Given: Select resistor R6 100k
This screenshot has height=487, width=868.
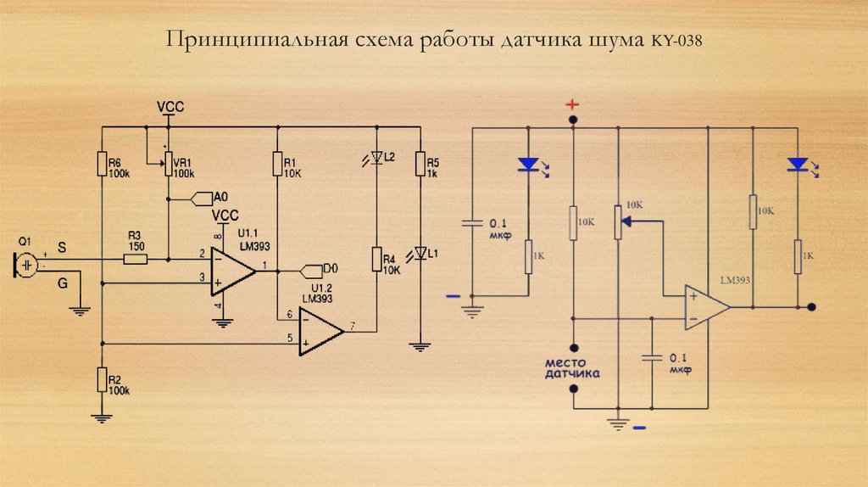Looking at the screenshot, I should click(102, 163).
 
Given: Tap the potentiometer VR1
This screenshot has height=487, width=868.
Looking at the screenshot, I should click(168, 164).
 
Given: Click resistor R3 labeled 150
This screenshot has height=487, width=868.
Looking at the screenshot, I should click(136, 258).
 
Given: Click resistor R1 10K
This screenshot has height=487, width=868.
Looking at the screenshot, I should click(276, 163).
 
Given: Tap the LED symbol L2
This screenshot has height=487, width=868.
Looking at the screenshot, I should click(377, 158).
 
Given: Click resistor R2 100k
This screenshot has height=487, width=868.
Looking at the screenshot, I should click(102, 380).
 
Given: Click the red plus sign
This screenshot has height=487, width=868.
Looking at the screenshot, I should click(573, 104).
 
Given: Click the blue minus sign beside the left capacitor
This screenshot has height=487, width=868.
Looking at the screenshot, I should click(453, 296).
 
